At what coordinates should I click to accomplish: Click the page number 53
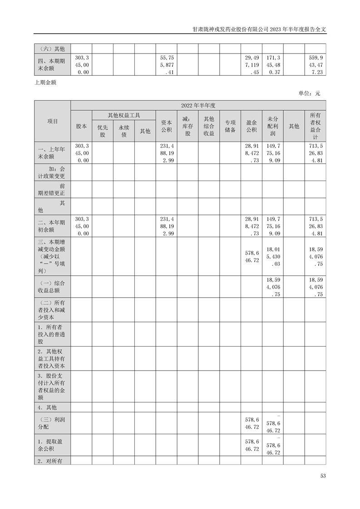pos(323,476)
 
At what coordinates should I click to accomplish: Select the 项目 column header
pos(53,121)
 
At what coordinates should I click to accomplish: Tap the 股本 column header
pos(82,127)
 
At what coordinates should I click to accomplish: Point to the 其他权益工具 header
pos(124,116)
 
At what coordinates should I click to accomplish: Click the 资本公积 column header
pos(166,127)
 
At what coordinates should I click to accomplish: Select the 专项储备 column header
pos(230,127)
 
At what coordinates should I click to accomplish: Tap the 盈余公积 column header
pos(252,127)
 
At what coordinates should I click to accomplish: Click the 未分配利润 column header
pos(273,127)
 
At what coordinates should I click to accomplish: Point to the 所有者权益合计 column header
pos(316,127)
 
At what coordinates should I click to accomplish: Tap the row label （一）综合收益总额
pos(53,287)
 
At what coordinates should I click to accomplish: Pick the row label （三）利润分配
pos(53,423)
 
